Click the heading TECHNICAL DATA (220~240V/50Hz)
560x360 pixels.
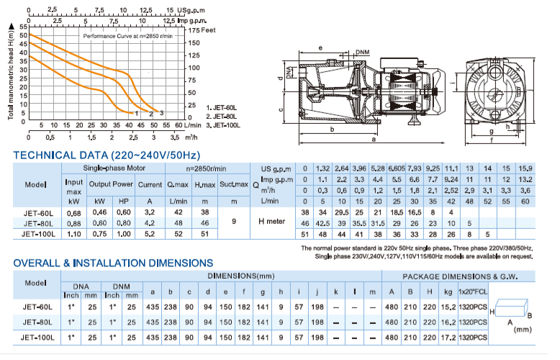point(106,155)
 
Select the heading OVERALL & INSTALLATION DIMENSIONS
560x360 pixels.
point(113,263)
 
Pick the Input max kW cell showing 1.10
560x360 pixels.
point(73,233)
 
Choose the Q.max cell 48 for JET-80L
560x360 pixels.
point(180,223)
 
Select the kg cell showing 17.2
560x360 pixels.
point(446,337)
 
